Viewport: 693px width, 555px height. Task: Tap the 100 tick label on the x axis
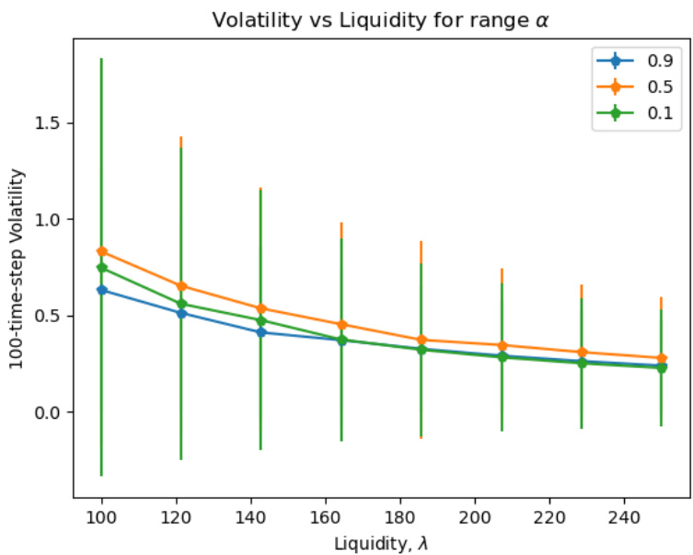[101, 518]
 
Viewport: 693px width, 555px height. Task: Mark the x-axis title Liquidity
[381, 543]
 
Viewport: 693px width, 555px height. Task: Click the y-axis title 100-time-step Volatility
[17, 268]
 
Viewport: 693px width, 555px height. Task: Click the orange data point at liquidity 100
[101, 251]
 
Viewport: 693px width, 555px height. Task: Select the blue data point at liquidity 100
[101, 290]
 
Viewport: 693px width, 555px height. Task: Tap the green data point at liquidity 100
[101, 268]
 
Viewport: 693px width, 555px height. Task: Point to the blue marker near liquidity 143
[261, 332]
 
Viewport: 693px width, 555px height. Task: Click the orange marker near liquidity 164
[341, 324]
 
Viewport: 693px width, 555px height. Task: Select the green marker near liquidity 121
[181, 304]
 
